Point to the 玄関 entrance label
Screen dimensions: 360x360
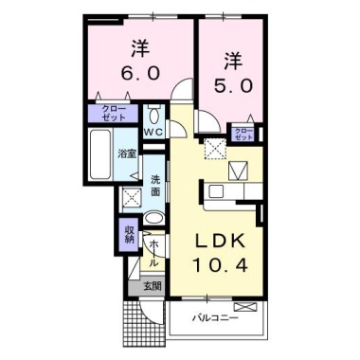pos(153,284)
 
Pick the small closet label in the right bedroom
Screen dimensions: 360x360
pos(243,133)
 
